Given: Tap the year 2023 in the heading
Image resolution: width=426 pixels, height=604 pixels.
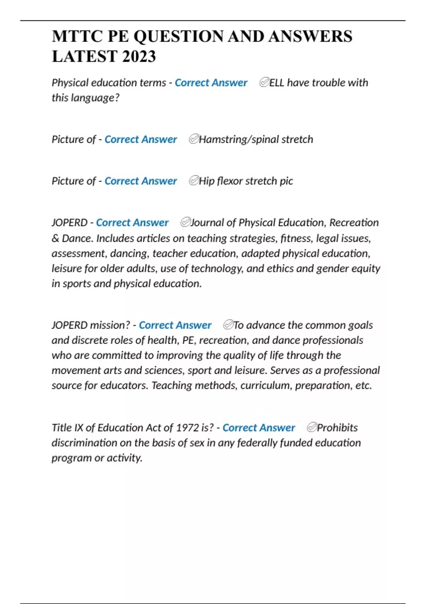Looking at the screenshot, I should click(x=138, y=56).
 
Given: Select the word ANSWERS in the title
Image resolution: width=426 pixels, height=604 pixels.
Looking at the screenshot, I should click(x=310, y=36).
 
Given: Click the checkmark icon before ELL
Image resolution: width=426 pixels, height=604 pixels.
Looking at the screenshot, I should click(x=264, y=82).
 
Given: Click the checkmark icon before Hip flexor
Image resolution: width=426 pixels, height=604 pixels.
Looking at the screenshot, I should click(x=193, y=181).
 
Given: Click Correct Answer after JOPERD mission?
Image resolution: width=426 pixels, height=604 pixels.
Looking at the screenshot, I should click(x=175, y=325).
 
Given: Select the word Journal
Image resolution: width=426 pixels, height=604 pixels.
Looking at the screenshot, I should click(x=207, y=223).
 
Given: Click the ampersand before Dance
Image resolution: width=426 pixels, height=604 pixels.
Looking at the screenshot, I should click(x=55, y=238).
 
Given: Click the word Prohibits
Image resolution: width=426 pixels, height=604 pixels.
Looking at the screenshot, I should click(x=337, y=427).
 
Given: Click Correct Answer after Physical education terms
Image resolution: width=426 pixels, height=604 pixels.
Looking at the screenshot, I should click(x=211, y=83).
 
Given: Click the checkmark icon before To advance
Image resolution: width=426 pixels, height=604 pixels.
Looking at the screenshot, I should click(x=228, y=325).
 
